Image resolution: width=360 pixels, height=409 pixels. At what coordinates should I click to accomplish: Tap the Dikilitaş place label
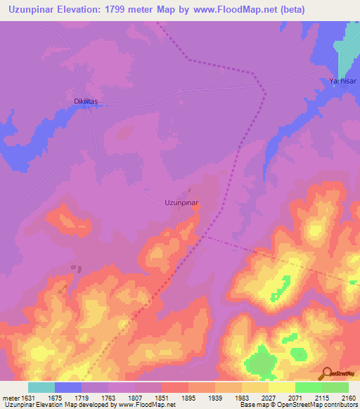(x=89, y=101)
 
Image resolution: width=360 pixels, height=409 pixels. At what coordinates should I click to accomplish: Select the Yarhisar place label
(x=343, y=82)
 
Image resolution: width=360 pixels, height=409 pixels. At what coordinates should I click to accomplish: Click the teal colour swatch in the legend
(x=41, y=387)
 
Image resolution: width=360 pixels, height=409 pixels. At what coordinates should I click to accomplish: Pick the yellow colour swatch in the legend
(x=282, y=387)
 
